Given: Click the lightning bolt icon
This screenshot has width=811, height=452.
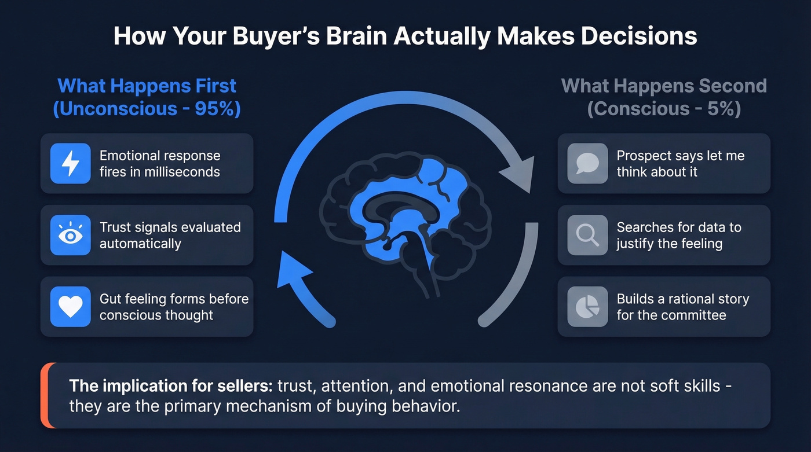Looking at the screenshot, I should point(71,164).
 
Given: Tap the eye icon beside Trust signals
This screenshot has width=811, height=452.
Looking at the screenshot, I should point(71,235).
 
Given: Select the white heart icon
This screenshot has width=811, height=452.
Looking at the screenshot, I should point(71,307).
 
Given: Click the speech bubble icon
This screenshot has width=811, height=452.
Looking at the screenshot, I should point(587,164).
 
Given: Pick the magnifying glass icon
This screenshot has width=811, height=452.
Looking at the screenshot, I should point(587,235).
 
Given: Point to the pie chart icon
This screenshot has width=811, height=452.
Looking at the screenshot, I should point(587,307).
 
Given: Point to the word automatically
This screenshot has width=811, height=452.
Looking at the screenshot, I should point(140,243).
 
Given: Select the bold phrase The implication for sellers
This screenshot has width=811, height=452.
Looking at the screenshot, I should point(171,385).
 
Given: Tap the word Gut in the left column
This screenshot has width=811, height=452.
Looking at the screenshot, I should point(109,299).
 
